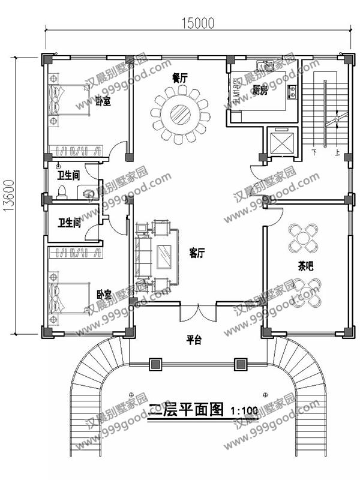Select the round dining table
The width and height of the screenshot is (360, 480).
click(x=179, y=112)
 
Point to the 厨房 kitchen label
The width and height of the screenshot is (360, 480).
click(x=259, y=91)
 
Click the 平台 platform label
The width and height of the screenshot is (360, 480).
click(x=193, y=340)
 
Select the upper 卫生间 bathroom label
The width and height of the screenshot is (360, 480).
click(x=69, y=175)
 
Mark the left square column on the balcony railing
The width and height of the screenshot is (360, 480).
click(x=155, y=364)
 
